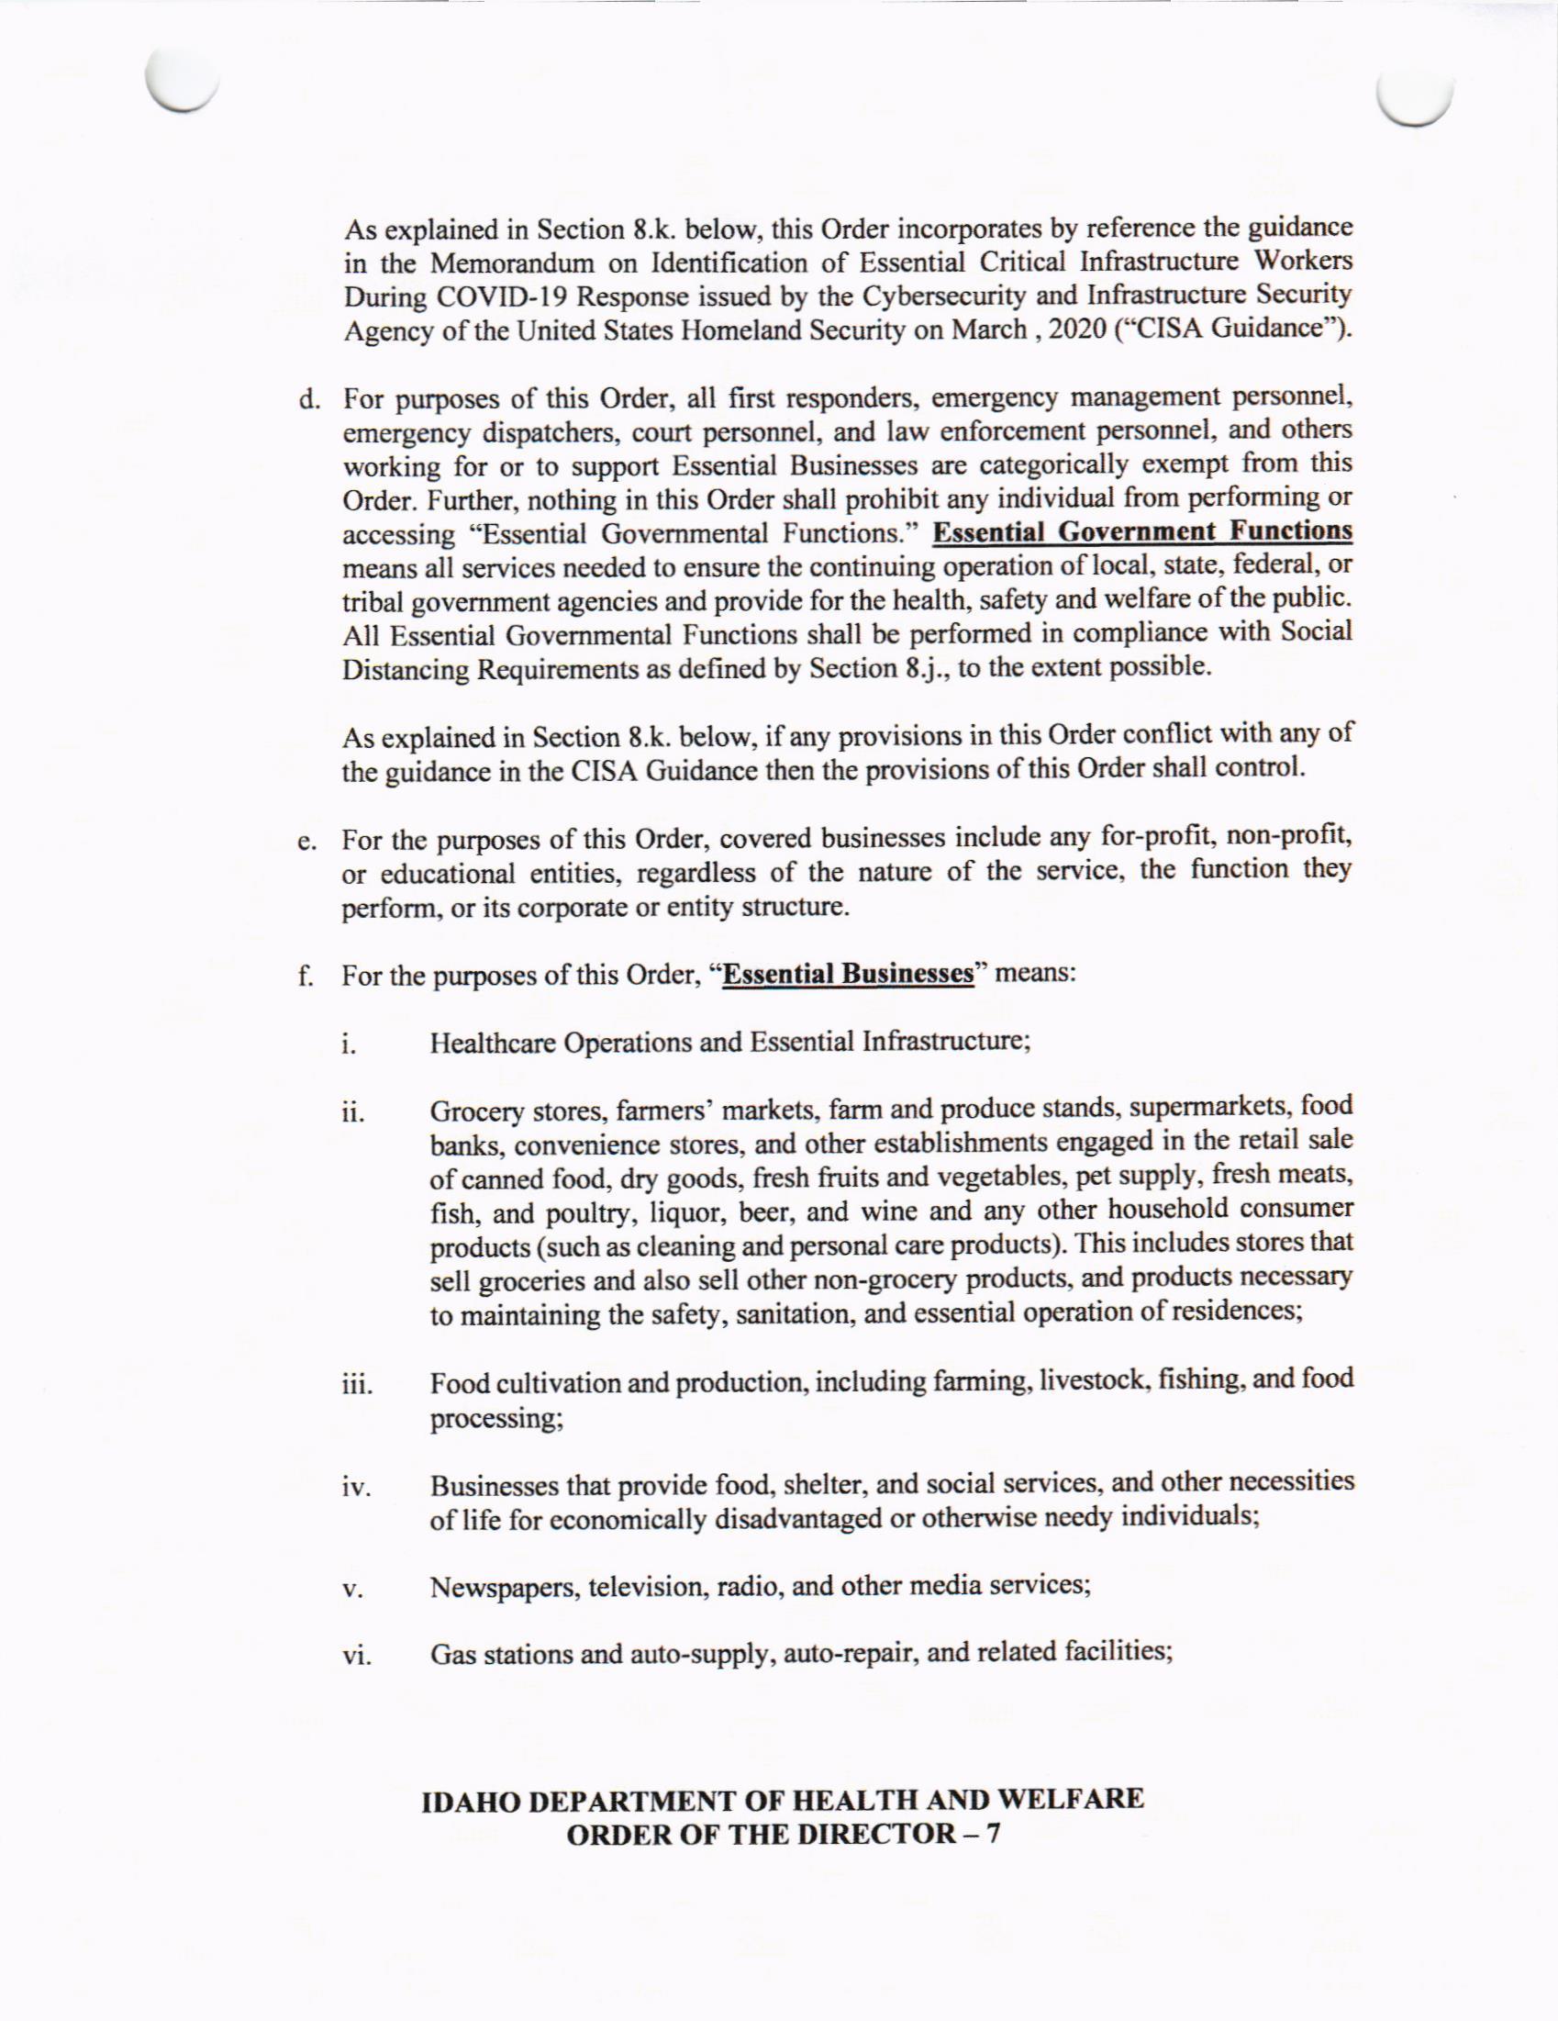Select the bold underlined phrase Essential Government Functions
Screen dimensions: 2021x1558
coord(1142,531)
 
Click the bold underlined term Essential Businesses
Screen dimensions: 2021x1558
coord(849,975)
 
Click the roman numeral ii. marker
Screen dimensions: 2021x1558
coord(351,1112)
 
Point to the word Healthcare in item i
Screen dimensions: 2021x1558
coord(494,1044)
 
